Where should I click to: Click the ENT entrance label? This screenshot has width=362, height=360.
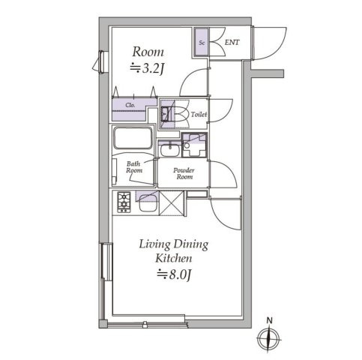click(x=232, y=42)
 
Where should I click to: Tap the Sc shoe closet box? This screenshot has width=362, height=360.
click(x=201, y=42)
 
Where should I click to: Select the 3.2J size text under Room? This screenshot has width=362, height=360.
click(x=148, y=68)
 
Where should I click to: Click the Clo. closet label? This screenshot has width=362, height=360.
click(x=130, y=105)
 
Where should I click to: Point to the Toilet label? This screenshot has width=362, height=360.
click(x=199, y=115)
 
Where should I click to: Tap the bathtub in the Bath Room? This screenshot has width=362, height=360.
click(x=133, y=138)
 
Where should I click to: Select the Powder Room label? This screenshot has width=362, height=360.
click(x=184, y=173)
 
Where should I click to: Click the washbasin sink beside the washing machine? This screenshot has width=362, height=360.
click(x=169, y=149)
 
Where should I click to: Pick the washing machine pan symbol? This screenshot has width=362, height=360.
click(x=194, y=145)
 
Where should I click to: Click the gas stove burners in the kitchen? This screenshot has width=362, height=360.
click(x=124, y=202)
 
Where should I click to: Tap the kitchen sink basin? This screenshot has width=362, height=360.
click(x=148, y=203)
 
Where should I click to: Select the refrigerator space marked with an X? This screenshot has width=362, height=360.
click(x=172, y=203)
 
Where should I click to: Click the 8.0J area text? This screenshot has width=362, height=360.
click(x=175, y=274)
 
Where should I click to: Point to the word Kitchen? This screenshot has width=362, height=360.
click(x=174, y=259)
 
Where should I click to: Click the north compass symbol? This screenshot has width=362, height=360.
click(x=268, y=339)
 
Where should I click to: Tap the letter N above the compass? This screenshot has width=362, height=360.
click(x=269, y=320)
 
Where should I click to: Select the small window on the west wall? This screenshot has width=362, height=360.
click(x=101, y=62)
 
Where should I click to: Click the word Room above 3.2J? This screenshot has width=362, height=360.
click(x=148, y=52)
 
